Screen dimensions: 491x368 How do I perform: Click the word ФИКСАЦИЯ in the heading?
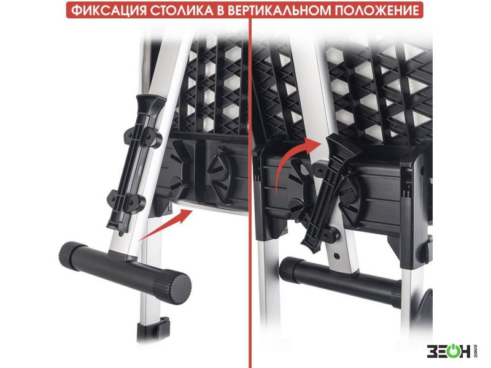[x=109, y=10]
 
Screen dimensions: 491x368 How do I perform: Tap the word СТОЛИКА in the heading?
[x=183, y=10]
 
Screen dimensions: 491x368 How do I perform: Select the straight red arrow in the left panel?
[x=165, y=224]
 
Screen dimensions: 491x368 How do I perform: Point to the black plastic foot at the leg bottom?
[x=153, y=329]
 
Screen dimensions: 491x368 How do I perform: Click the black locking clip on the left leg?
[x=134, y=165]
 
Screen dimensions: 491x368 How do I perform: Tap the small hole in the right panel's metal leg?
[x=336, y=256]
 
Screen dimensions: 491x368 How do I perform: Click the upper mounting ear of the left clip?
[x=144, y=137]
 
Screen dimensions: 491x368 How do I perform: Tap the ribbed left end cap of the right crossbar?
[x=288, y=269]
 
